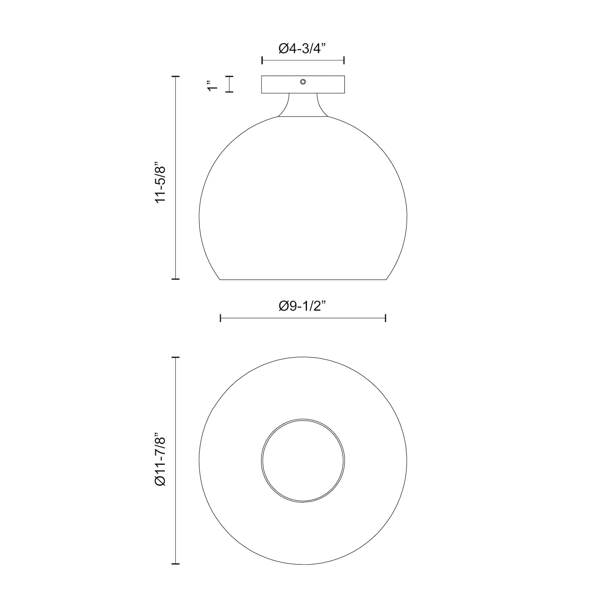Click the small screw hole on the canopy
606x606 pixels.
[x=303, y=82]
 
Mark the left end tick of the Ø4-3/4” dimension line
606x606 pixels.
[x=262, y=60]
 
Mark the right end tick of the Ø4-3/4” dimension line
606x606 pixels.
[x=345, y=60]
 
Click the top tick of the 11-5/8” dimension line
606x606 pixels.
[x=175, y=77]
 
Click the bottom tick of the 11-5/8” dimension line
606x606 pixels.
[x=175, y=278]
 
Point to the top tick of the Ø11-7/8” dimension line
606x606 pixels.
[x=175, y=357]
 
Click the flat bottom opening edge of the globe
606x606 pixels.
[x=303, y=279]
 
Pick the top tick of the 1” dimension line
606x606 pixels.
[x=230, y=77]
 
